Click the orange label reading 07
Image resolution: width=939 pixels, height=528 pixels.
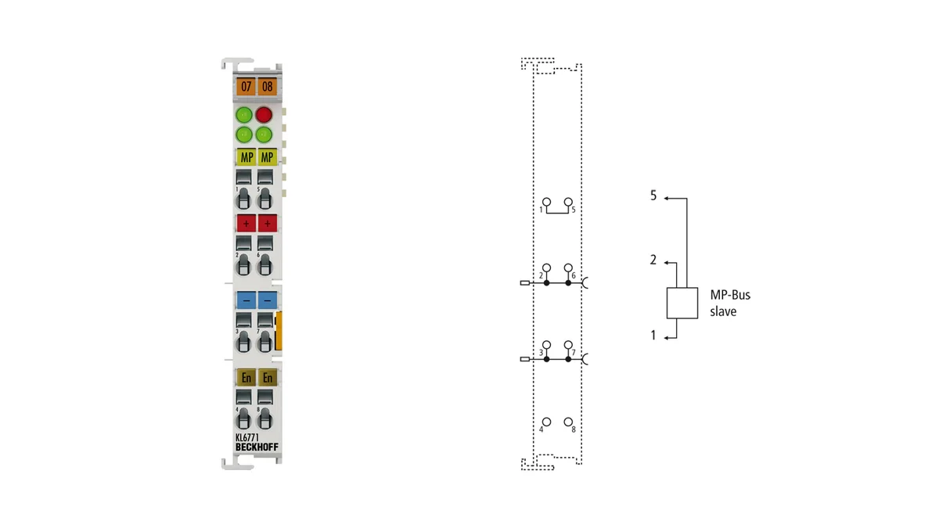coord(246,87)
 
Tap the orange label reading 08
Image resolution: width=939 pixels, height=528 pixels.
coord(268,87)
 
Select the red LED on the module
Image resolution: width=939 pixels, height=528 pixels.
coord(264,114)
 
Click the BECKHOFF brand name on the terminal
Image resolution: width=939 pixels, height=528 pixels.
coord(257,447)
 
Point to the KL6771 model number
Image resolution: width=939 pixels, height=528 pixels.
coord(247,437)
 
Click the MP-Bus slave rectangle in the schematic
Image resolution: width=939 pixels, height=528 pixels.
coord(682,303)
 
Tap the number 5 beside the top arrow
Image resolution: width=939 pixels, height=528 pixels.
coord(653,196)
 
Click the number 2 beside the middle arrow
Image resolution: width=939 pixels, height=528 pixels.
coord(653,260)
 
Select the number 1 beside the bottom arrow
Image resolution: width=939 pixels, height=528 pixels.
coord(653,335)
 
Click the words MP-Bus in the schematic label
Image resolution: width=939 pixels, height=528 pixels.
coord(730,295)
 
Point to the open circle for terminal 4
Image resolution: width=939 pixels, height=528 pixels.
coord(547,422)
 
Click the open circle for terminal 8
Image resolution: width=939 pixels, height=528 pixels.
coord(568,422)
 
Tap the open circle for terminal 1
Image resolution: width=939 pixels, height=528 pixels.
coord(547,202)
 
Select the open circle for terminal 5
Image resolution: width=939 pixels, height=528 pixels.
coord(568,202)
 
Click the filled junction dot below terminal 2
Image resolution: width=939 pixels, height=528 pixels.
coord(547,283)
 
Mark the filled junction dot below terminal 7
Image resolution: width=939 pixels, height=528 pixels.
coord(568,359)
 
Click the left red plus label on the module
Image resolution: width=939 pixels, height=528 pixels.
coord(246,224)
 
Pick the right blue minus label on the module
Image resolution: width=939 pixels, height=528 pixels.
coord(268,300)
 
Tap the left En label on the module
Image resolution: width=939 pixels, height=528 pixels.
coord(246,378)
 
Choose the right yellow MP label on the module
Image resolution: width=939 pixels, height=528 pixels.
coord(268,157)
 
